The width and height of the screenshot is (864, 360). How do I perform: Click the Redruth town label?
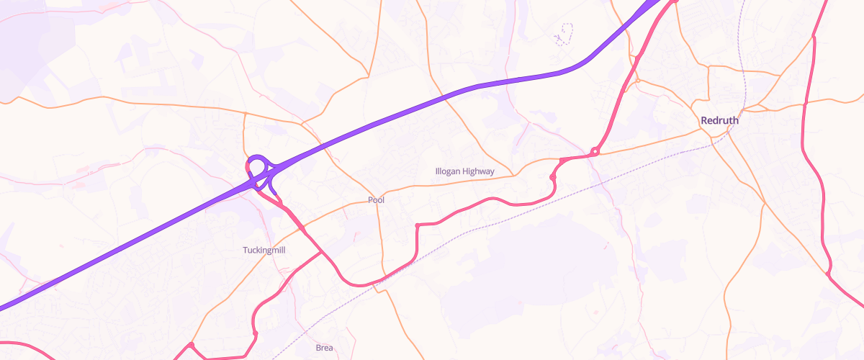[719, 121]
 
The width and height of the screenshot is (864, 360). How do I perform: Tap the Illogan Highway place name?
[465, 171]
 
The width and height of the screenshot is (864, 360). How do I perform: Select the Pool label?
[376, 200]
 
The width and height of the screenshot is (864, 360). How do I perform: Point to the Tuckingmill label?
[265, 250]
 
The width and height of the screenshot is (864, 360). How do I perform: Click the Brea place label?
[325, 348]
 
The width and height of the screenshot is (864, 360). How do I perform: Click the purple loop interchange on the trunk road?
[258, 165]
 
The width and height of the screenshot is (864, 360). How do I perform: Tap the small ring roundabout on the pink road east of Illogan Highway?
[595, 151]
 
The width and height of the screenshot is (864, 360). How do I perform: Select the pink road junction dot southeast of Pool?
[417, 226]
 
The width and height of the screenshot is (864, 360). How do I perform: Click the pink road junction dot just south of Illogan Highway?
[552, 176]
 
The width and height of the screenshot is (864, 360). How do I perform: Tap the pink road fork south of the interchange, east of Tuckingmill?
[302, 229]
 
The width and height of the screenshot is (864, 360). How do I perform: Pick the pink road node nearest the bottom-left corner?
[192, 346]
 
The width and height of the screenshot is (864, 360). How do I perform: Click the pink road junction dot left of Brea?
[255, 333]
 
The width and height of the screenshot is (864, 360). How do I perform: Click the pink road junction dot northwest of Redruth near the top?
[637, 56]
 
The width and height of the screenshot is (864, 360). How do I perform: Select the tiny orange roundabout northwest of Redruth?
[637, 80]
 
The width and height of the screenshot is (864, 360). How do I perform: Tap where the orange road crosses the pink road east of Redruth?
[805, 104]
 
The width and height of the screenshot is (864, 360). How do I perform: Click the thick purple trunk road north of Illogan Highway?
[468, 90]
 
